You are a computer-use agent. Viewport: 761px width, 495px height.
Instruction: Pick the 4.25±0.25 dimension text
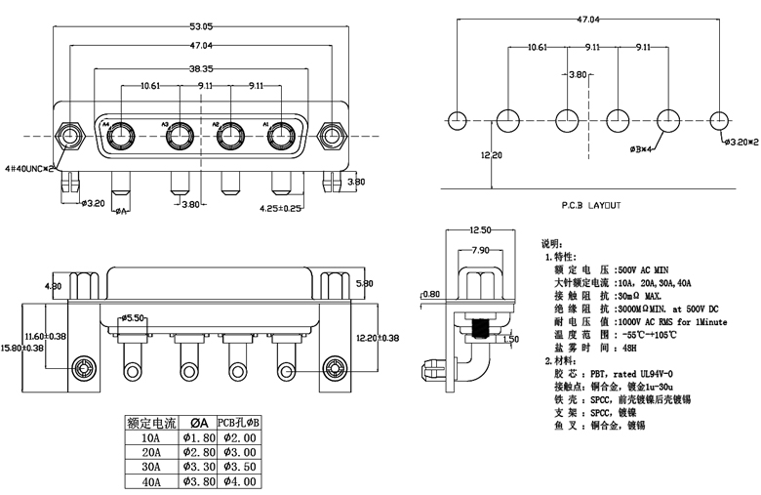pyautogui.click(x=279, y=208)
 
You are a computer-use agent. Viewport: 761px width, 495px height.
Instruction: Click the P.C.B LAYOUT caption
pyautogui.click(x=590, y=206)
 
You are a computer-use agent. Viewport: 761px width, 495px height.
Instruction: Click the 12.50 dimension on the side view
pyautogui.click(x=479, y=230)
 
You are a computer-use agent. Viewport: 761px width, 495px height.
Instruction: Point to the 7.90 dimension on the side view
pyautogui.click(x=480, y=250)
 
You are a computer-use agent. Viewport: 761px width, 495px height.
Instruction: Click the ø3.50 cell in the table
pyautogui.click(x=238, y=466)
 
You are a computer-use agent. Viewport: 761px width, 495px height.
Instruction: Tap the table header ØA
pyautogui.click(x=196, y=422)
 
